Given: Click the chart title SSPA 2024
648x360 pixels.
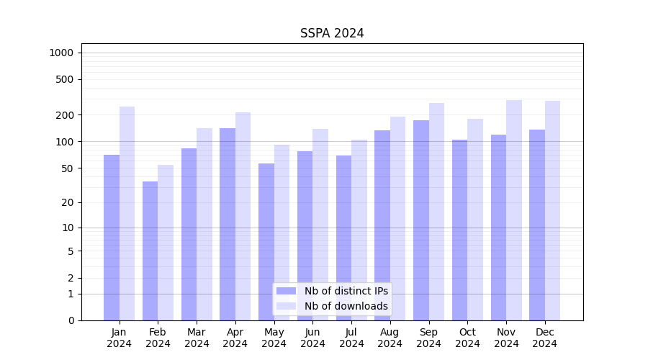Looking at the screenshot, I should [332, 33].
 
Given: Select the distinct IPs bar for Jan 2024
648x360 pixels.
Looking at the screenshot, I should [112, 238].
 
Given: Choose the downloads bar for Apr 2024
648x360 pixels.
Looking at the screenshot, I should [243, 216].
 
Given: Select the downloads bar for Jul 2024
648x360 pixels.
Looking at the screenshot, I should [359, 230].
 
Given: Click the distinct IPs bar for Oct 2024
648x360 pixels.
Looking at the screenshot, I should [459, 230].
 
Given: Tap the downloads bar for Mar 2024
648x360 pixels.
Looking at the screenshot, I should [204, 224].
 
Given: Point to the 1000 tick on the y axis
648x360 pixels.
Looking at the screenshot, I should [61, 53].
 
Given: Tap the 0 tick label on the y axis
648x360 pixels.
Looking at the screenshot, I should [71, 320].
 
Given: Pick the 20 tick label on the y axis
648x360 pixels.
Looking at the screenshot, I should [68, 202].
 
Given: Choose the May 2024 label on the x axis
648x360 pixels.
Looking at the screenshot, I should [274, 338].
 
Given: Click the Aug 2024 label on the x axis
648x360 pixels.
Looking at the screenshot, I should [390, 338].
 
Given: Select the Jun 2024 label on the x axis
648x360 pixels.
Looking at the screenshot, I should [312, 338].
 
